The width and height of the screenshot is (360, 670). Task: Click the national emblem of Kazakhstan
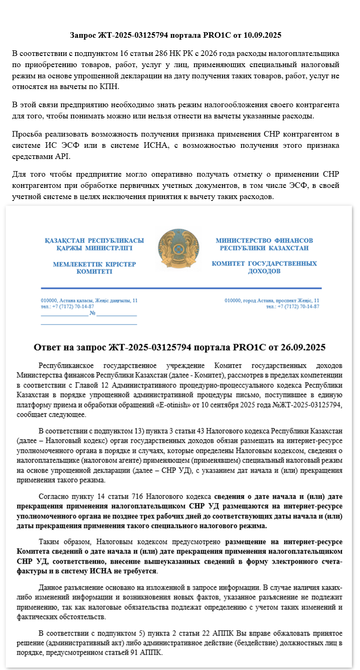pyautogui.click(x=180, y=250)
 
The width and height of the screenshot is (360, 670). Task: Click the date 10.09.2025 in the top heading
pyautogui.click(x=263, y=35)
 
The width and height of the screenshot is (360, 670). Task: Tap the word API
pyautogui.click(x=63, y=157)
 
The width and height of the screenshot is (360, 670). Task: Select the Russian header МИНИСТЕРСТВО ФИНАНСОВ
pyautogui.click(x=264, y=241)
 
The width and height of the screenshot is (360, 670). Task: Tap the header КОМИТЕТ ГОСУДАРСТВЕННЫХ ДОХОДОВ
pyautogui.click(x=264, y=267)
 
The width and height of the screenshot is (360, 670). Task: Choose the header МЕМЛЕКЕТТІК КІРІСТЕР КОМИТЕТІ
pyautogui.click(x=94, y=268)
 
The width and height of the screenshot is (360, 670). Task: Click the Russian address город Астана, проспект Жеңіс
pyautogui.click(x=272, y=301)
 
